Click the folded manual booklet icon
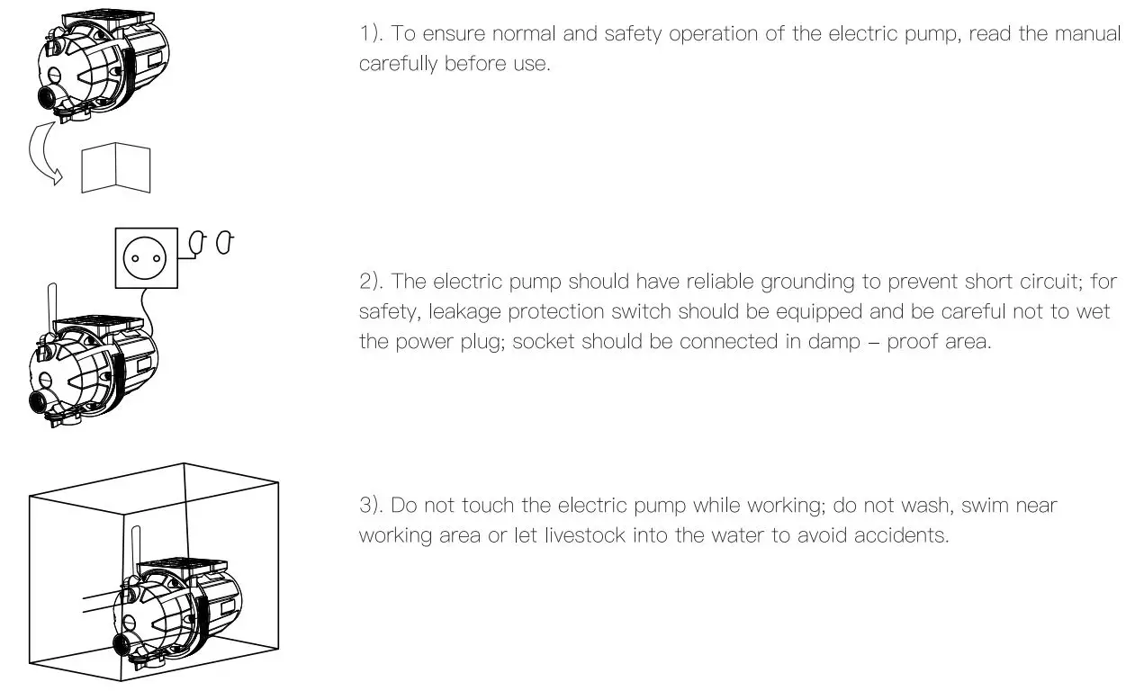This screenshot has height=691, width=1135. [115, 169]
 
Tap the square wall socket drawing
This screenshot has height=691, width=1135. [146, 257]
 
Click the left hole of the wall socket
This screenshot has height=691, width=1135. [134, 258]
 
